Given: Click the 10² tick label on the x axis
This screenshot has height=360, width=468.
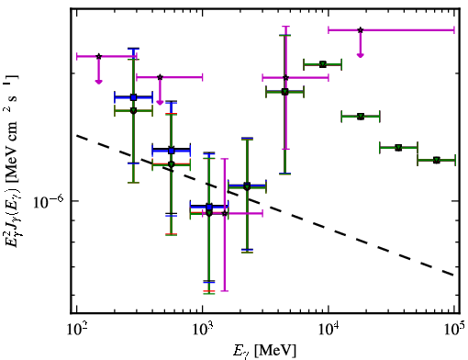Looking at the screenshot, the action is pos(76,329).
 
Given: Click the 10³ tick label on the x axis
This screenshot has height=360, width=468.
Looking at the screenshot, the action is pos(202,329).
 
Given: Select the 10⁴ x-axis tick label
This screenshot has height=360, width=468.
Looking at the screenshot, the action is pos(329,329).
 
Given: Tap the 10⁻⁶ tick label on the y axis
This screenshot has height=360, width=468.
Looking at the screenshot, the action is pos(49,202).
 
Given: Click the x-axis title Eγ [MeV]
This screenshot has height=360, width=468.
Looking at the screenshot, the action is pos(264,351).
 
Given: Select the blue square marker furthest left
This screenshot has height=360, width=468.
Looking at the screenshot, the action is pos(133,97).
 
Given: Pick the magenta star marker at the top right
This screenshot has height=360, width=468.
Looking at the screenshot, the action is pos(361,30).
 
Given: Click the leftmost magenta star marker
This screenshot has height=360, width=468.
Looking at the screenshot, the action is pos(98,56).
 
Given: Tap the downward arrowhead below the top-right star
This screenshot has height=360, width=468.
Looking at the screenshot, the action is pos(361,55).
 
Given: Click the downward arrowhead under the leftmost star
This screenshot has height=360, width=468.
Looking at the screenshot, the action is pos(98,81).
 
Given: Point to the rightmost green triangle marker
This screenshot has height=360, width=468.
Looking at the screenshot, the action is pos(437,160).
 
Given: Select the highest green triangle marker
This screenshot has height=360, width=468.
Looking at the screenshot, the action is pos(323,64).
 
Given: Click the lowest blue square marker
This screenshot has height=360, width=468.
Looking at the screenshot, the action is pos(209,208).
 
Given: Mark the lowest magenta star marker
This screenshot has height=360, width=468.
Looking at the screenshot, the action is pos(225,213).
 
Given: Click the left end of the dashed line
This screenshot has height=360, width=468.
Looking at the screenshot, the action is pos(76,135).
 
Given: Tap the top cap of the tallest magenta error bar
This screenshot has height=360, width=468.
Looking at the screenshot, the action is pos(285,27).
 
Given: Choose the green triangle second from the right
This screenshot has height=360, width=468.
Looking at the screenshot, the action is pos(398,148).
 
